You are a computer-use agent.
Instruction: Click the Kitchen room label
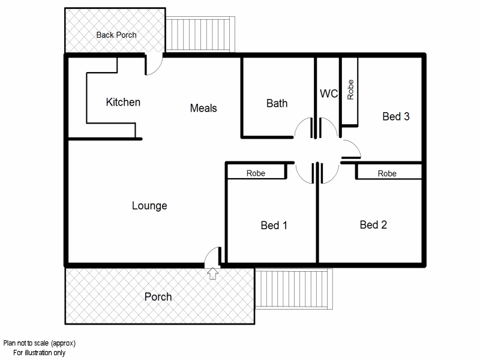123,102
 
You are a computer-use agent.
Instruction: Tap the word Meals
203,108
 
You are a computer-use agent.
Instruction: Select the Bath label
277,103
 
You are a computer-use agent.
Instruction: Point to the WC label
329,94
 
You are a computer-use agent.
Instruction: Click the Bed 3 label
395,116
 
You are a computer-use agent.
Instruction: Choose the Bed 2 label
373,225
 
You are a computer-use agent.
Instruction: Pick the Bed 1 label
274,226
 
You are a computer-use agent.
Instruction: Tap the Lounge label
149,206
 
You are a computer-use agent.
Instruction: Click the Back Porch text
116,35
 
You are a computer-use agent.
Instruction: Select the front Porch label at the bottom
158,296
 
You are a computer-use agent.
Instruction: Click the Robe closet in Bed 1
256,173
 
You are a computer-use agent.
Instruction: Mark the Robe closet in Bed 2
387,173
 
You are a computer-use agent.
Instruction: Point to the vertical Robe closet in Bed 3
350,91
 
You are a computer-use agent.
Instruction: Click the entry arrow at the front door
212,274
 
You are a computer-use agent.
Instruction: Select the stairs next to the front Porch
294,290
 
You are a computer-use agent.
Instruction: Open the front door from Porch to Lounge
213,257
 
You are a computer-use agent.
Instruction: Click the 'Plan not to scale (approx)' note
40,343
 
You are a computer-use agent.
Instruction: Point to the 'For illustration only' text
40,353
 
